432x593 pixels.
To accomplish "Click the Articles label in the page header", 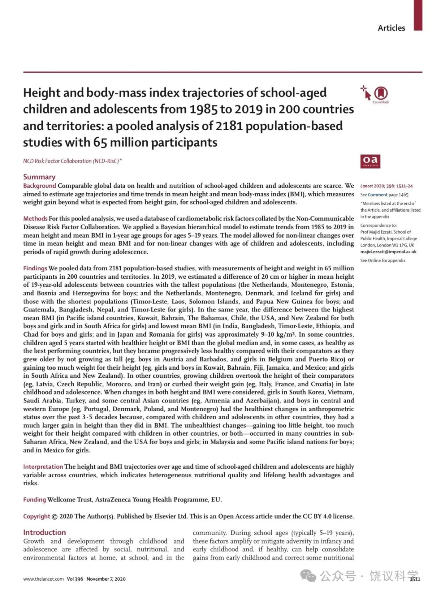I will [391, 28].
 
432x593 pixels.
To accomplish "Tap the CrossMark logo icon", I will [380, 93].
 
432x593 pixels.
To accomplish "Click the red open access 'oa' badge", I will [370, 161].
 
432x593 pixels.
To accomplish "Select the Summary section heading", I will [39, 177].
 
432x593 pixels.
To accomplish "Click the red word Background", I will [40, 186].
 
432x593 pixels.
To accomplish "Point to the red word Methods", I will [35, 218].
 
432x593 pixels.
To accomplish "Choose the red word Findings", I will [35, 268].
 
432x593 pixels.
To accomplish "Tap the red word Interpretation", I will [43, 466].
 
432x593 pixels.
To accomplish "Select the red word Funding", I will [34, 500].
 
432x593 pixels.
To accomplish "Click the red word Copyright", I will [37, 516].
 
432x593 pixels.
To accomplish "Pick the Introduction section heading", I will [44, 532].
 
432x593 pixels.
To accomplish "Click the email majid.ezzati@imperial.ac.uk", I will [388, 252].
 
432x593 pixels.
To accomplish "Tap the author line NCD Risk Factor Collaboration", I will [72, 161].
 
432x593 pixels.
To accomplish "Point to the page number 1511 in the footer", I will [415, 579].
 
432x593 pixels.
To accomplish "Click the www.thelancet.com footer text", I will [43, 579].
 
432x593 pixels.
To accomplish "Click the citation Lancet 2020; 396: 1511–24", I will [386, 186].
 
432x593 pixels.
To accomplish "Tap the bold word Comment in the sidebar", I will [378, 195].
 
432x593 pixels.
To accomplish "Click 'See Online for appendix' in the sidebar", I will [383, 260].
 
